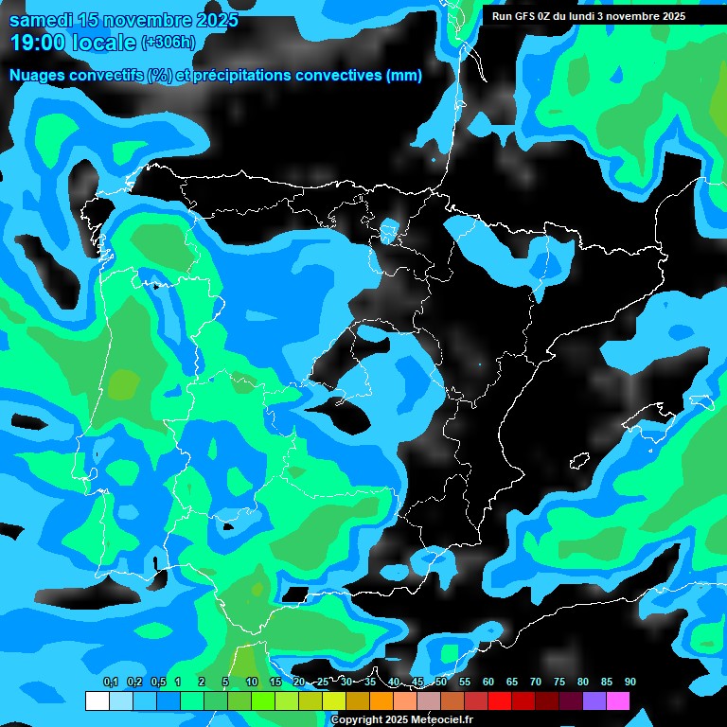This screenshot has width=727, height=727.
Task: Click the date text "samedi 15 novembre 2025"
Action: (x=123, y=20)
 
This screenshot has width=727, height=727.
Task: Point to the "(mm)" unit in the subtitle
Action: (x=404, y=76)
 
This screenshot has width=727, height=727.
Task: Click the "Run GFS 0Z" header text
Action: (x=524, y=15)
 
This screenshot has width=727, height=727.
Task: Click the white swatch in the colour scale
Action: (x=97, y=700)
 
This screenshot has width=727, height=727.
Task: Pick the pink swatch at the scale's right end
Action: (x=617, y=700)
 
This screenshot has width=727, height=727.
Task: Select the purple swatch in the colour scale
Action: (x=594, y=700)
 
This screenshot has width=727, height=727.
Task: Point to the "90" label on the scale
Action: (x=629, y=682)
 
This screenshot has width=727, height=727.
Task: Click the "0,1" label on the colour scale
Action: (x=110, y=682)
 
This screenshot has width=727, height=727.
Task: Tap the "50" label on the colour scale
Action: (x=440, y=682)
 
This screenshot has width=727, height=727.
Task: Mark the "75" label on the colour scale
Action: (x=559, y=682)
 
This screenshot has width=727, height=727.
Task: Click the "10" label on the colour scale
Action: (x=251, y=682)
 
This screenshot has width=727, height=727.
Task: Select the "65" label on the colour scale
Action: (x=511, y=682)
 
